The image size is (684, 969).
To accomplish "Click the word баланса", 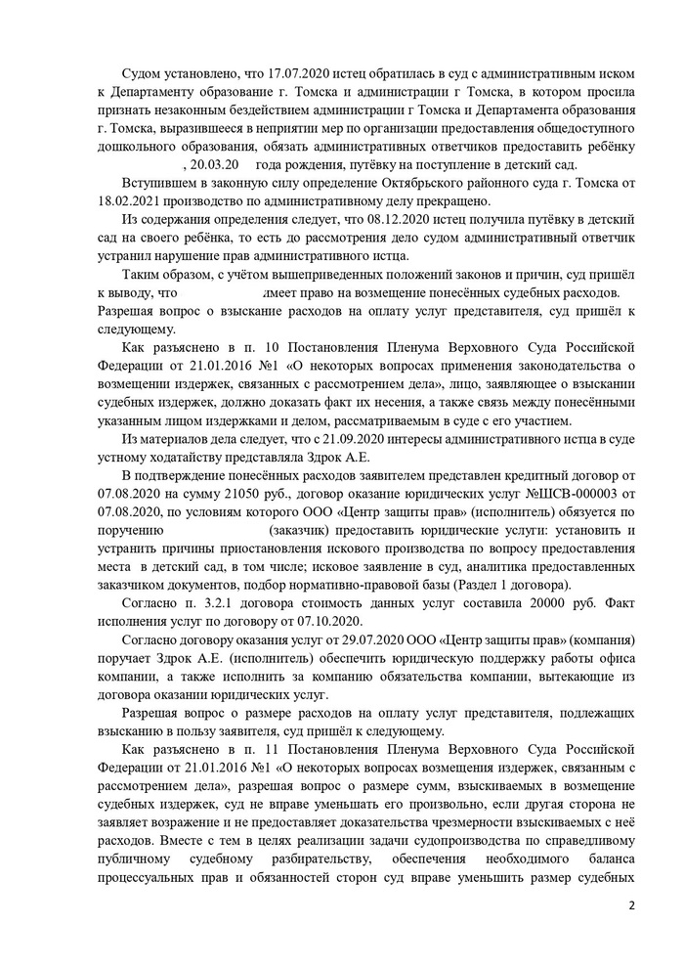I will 609,860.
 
